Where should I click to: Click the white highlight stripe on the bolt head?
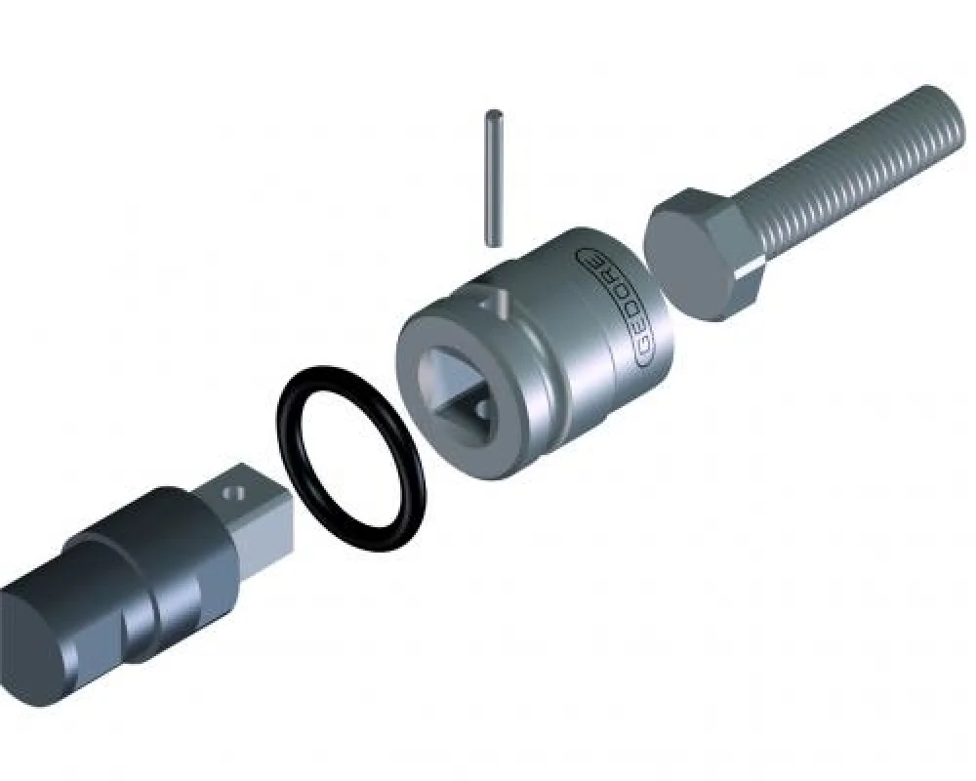click(x=752, y=266)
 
